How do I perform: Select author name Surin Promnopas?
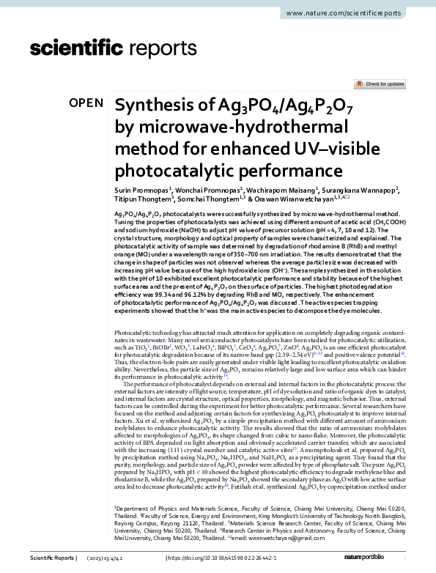click(x=141, y=190)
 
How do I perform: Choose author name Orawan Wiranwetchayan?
click(x=292, y=199)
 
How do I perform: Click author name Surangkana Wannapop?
click(x=355, y=190)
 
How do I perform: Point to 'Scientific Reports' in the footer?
click(x=51, y=559)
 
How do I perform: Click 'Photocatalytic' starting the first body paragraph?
click(x=136, y=333)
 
